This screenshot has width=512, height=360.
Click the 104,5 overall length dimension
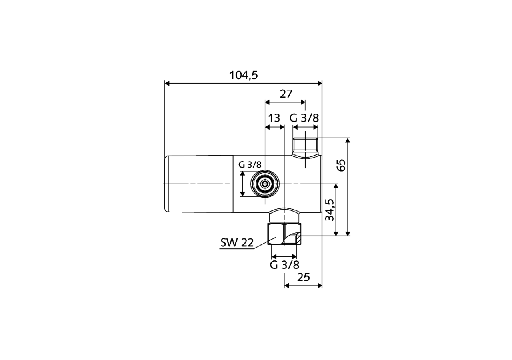coord(243,75)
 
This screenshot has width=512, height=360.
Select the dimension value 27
coord(286,94)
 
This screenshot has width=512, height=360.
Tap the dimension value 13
coord(274,118)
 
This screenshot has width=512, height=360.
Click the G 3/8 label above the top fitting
coord(304,118)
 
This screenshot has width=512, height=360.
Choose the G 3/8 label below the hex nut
coord(284,265)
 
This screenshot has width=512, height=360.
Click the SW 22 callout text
coord(237,242)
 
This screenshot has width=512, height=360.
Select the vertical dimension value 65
coord(341,165)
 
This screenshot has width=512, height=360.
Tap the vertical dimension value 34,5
coord(330,210)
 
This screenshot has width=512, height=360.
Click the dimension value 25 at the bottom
coord(304,277)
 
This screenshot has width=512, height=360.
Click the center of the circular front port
coord(264,184)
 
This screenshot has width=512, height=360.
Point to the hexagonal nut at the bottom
coord(284,234)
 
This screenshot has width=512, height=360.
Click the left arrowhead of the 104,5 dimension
coord(168,83)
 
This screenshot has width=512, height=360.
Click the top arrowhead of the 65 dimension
coord(348,140)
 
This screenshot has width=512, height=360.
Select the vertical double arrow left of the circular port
coord(242,184)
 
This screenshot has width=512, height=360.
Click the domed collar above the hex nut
coord(284,216)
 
